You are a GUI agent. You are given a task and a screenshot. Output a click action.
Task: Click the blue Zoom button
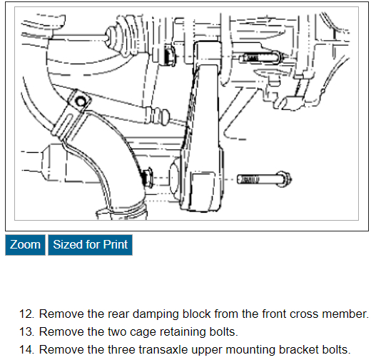25,245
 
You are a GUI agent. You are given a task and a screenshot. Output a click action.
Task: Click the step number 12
27,314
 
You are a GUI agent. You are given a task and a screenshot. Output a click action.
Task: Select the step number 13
27,331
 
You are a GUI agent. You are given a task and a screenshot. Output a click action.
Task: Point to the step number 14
27,350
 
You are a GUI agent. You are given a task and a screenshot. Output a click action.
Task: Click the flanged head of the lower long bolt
285,179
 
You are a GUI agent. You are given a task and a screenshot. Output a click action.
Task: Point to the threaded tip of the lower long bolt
248,179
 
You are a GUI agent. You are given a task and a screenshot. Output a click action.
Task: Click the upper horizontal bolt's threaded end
248,59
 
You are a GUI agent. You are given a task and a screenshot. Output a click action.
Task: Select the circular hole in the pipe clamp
81,101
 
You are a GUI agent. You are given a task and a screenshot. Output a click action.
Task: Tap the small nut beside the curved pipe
148,177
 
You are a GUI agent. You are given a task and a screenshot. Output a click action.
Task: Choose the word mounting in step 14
250,351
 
